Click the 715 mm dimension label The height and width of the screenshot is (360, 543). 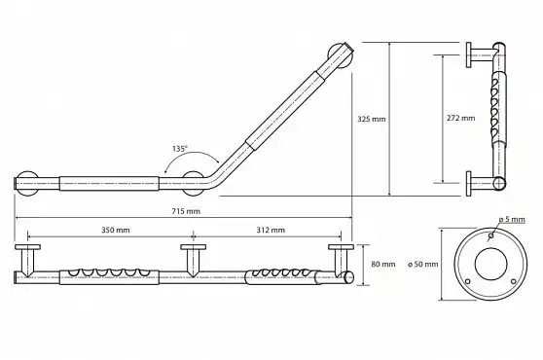click(186, 211)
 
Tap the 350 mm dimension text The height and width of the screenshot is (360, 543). click(116, 230)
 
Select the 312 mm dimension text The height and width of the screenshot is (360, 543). click(271, 230)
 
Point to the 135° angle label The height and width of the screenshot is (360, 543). click(180, 149)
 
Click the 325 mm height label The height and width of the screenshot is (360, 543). click(372, 119)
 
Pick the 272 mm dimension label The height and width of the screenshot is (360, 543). click(460, 118)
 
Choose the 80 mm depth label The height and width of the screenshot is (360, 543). click(383, 264)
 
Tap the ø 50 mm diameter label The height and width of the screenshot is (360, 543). click(423, 264)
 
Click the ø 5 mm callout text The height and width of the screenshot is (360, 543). click(512, 220)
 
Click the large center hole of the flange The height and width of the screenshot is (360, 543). click(490, 264)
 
